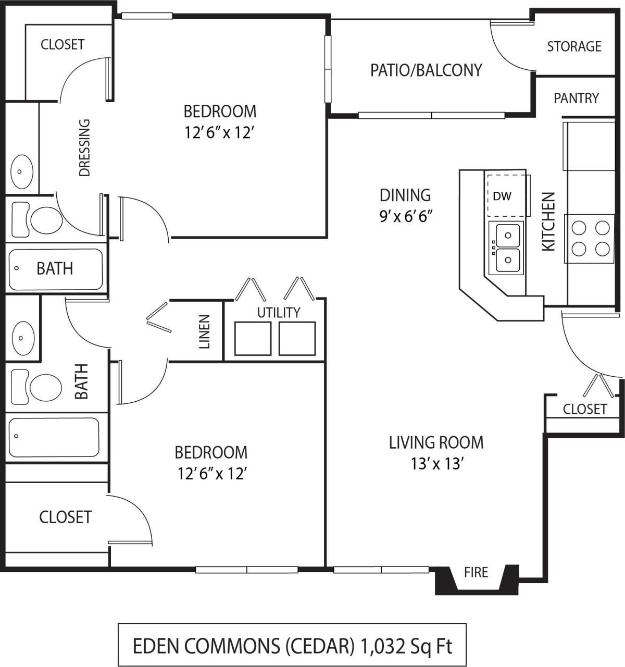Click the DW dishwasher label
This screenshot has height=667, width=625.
pos(502,196)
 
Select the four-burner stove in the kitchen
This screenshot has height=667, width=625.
pos(591,238)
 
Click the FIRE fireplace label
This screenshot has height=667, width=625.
pos(476,572)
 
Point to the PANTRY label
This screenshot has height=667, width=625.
pos(576,98)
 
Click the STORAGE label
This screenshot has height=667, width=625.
pos(574,47)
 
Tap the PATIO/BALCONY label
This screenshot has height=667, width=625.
pos(426,70)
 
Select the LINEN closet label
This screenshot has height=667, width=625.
pos(204,331)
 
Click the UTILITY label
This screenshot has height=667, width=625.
pos(279,312)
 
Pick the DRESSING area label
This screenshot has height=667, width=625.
pos(84,148)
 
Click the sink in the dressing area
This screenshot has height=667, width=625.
pos(22,171)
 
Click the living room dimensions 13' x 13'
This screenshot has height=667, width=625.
pos(436,463)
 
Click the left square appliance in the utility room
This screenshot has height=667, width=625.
pos(253,339)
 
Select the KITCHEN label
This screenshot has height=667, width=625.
pos(548,221)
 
